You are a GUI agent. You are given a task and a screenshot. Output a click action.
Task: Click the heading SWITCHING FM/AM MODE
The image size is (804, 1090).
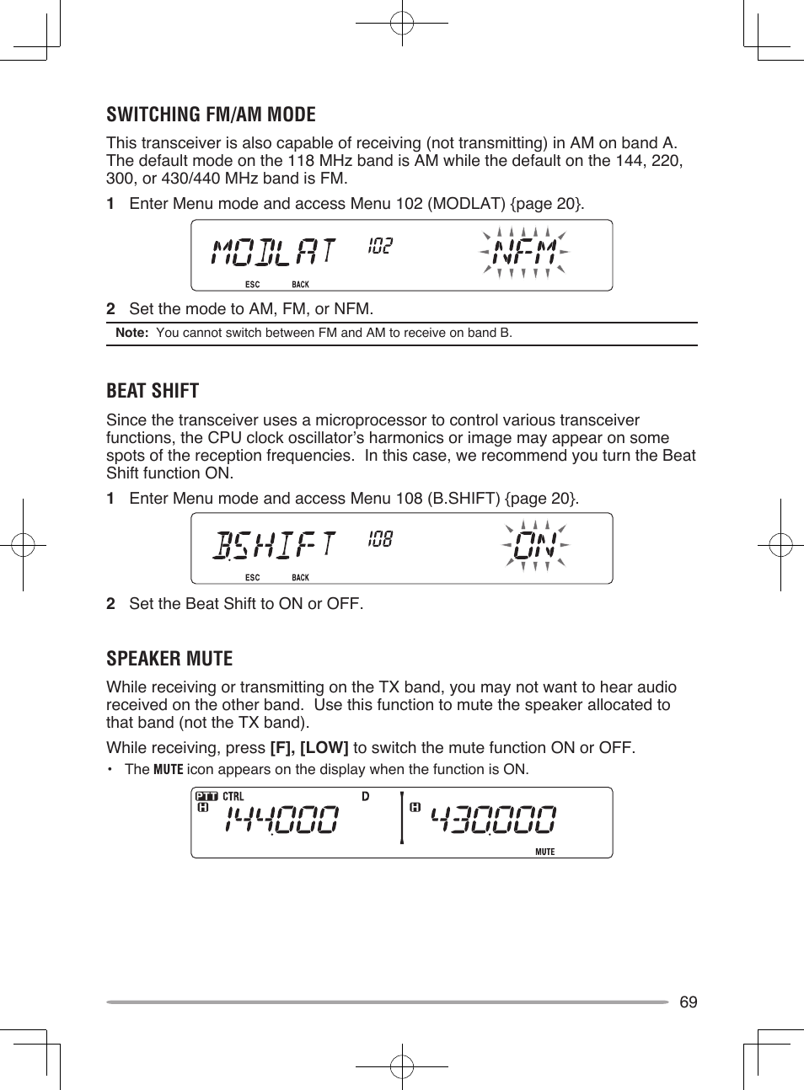211,115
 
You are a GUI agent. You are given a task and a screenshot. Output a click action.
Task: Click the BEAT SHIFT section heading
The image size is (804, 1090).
153,391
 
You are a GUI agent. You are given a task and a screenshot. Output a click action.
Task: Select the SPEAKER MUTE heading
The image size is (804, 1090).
169,659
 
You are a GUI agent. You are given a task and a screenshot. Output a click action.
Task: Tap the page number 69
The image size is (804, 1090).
688,1002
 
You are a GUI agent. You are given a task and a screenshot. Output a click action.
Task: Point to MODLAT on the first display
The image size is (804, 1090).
273,252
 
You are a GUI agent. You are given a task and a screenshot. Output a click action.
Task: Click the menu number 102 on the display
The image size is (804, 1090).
380,245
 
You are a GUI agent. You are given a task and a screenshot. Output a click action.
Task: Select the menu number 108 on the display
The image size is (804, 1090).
380,539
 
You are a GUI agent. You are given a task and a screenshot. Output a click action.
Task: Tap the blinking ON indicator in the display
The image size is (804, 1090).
535,546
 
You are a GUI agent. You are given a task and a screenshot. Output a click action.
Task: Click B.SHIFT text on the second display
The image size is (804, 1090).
273,545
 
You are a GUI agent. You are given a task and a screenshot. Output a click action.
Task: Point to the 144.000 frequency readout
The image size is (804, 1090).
281,819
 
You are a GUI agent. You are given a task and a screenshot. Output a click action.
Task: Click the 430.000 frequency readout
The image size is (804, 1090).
493,819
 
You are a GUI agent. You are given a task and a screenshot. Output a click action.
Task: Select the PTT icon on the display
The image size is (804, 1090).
206,796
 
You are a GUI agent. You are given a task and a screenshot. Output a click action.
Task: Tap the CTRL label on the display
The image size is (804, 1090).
233,796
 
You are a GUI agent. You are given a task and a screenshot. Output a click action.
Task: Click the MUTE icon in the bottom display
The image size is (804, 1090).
545,852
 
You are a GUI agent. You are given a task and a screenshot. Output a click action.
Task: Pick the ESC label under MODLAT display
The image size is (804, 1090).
252,285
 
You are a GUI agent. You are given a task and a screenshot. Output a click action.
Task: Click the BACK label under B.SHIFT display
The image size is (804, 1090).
300,578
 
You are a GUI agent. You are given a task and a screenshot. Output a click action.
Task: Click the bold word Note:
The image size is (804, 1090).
131,333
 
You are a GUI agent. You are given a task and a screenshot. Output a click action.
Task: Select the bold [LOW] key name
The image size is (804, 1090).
324,748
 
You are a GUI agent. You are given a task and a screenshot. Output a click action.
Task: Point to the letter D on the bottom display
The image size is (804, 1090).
365,796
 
